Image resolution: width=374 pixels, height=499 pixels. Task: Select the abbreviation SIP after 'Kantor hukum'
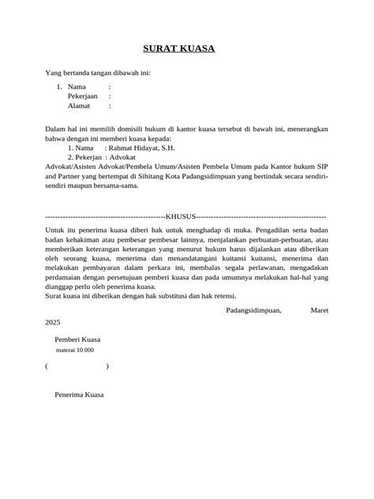coord(320,167)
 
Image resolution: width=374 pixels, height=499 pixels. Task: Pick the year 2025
coord(53,323)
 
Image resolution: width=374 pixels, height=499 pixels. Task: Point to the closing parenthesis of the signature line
coord(107,366)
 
